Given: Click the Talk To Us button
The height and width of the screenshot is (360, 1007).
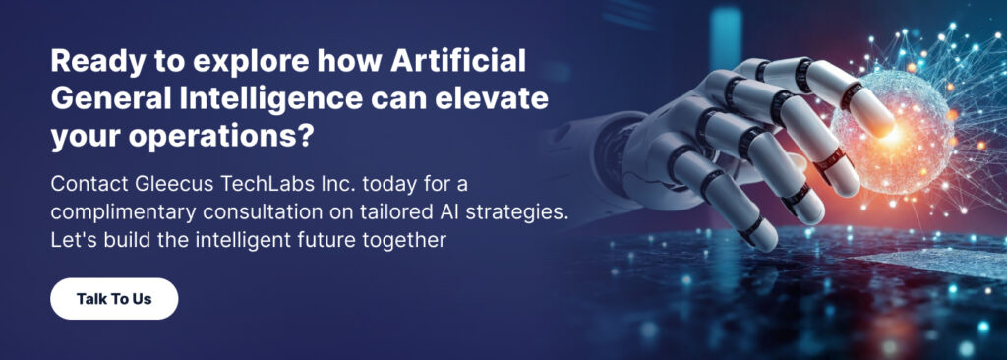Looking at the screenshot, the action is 114,298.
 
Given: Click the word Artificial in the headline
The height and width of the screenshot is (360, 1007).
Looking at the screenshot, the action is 458,62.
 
